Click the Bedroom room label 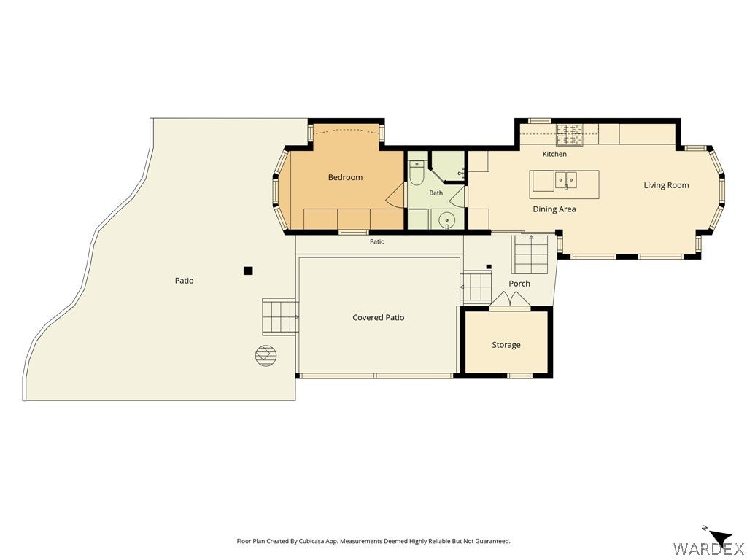pyautogui.click(x=345, y=177)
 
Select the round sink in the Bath pyautogui.click(x=447, y=220)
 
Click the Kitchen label pyautogui.click(x=554, y=154)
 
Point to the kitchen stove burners pyautogui.click(x=570, y=134)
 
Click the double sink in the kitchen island pyautogui.click(x=566, y=181)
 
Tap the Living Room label pyautogui.click(x=666, y=185)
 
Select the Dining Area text pyautogui.click(x=554, y=209)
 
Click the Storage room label pyautogui.click(x=506, y=345)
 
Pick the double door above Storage pyautogui.click(x=510, y=300)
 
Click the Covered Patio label pyautogui.click(x=379, y=318)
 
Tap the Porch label pyautogui.click(x=519, y=284)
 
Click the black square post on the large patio pyautogui.click(x=248, y=271)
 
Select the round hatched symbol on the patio pyautogui.click(x=266, y=355)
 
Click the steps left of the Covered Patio pyautogui.click(x=280, y=316)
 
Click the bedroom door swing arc pyautogui.click(x=395, y=195)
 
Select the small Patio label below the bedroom pyautogui.click(x=377, y=241)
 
